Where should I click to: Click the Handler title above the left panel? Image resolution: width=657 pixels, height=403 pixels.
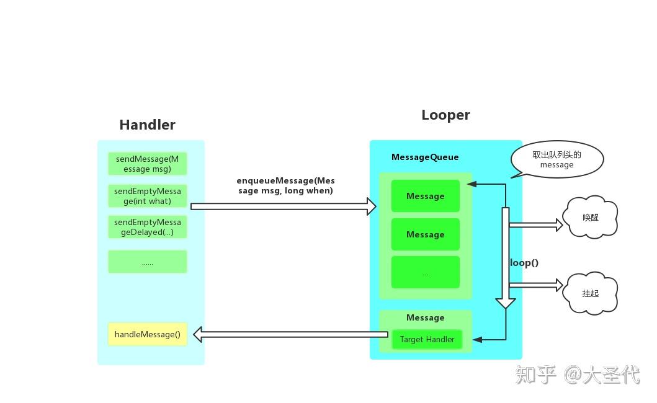coord(147,125)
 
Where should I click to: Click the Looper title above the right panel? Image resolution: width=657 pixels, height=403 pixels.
coord(445,115)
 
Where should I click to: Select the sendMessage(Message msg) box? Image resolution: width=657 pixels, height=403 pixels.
coord(147,164)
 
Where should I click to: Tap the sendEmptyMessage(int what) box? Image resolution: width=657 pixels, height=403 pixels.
coord(147,196)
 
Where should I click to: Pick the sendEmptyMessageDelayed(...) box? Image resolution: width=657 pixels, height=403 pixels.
coord(147,227)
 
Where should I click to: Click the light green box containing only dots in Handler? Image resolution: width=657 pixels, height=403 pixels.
coord(147,262)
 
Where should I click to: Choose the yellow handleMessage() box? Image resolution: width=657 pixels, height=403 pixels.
coord(147,334)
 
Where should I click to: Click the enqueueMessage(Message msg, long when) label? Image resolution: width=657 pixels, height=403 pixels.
coord(285,185)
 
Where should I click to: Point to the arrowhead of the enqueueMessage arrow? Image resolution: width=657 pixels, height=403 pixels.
coord(372,206)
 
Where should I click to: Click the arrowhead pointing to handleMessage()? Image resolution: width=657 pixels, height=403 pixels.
coord(198,335)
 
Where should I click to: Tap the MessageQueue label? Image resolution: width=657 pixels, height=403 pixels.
coord(425,157)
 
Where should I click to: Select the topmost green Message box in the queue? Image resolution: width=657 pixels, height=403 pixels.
coord(425,196)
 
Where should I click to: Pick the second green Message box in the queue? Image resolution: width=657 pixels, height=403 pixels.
coord(425,234)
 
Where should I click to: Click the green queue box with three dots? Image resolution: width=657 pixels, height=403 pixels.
coord(425,273)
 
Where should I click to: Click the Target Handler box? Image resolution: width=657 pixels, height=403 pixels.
coord(427,339)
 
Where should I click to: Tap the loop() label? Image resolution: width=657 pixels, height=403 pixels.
coord(524,262)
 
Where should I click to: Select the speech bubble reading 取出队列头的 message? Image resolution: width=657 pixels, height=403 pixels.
coord(556,160)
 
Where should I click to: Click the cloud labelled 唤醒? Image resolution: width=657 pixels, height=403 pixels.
coord(590,218)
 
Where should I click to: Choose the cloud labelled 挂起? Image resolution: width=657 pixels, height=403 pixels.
coord(590,293)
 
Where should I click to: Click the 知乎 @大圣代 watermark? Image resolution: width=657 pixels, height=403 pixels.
coord(577,374)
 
